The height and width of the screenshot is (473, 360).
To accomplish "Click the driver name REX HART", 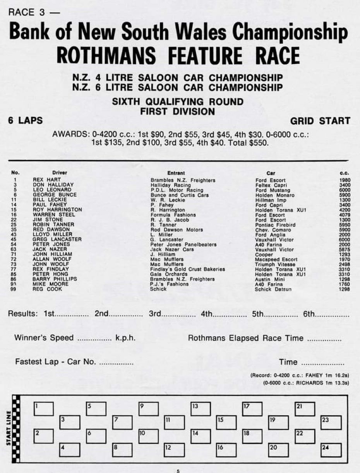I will [47, 180].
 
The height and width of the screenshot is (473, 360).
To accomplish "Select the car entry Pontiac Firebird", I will [275, 225].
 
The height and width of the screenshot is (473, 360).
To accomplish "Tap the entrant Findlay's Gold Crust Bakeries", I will [187, 269].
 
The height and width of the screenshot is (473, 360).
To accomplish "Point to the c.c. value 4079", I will [344, 215].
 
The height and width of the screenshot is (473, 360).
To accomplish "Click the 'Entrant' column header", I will [176, 173].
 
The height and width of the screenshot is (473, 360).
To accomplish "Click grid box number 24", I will [331, 450].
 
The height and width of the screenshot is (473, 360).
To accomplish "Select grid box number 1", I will [43, 409].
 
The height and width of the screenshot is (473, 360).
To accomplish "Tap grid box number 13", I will [201, 409].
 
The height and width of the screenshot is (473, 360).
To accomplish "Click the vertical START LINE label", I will [9, 428].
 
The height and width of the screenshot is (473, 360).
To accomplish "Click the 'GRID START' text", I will [320, 121].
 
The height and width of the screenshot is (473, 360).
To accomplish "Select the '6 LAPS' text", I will [26, 120].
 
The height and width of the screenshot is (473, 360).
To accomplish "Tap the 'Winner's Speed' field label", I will [44, 338].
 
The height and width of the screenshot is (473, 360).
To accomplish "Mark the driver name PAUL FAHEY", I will [50, 205].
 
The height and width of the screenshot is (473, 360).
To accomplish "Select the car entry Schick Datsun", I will [273, 289].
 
